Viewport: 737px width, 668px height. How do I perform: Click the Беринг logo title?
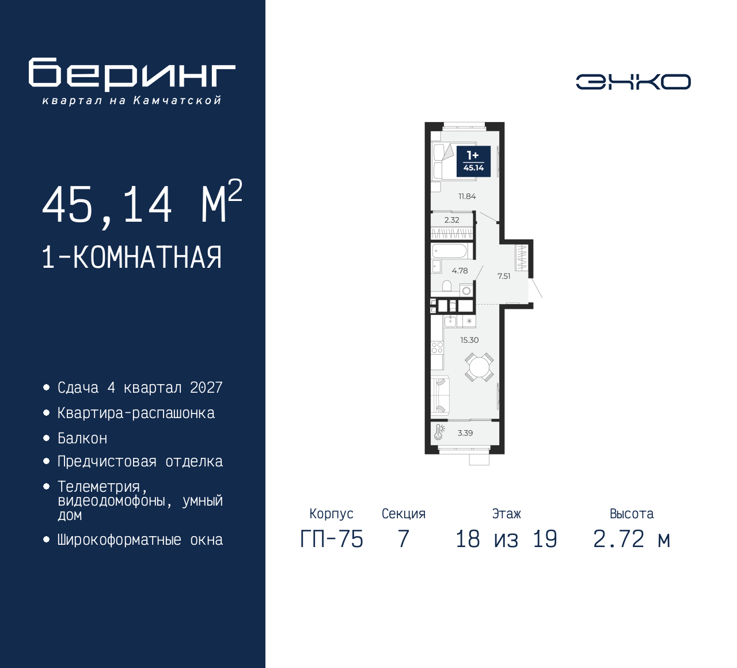[132, 74]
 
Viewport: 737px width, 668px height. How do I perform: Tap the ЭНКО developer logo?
[633, 82]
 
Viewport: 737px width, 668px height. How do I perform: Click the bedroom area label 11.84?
[467, 196]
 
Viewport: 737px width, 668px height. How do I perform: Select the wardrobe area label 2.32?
[452, 220]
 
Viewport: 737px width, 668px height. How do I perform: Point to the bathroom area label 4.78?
[459, 271]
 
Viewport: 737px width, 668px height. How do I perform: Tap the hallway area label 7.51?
[504, 276]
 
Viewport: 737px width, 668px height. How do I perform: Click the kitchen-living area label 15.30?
[469, 340]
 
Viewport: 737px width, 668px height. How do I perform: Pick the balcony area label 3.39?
[465, 433]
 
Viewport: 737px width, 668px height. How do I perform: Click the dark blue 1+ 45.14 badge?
[473, 161]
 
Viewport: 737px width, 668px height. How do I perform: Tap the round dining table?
[479, 367]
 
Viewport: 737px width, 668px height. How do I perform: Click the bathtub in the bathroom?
[450, 251]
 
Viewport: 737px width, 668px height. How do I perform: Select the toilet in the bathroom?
[446, 286]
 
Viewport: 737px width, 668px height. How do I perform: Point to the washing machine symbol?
[466, 291]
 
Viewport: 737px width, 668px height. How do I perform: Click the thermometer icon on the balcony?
[440, 432]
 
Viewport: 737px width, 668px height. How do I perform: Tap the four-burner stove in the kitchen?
[438, 347]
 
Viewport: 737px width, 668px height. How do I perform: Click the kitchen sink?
[451, 321]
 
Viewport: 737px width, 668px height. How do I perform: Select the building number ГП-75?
[332, 539]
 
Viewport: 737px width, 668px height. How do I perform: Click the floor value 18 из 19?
[506, 539]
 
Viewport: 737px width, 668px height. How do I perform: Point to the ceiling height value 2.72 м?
[631, 539]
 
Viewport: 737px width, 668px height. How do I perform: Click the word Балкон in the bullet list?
[82, 439]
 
